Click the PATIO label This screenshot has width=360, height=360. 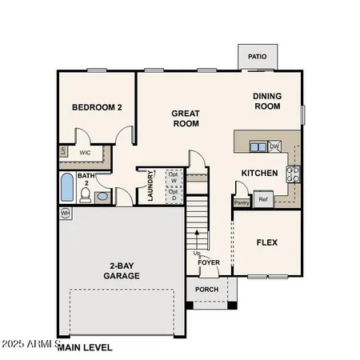tap(257, 57)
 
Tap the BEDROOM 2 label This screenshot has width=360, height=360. tap(96, 107)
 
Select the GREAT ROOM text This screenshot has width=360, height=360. tap(185, 118)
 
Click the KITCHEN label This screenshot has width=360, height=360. tap(260, 173)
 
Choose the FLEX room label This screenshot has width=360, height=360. tap(267, 242)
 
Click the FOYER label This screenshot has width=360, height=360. tap(209, 261)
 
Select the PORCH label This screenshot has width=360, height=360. tap(207, 290)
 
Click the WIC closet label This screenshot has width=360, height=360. tap(85, 152)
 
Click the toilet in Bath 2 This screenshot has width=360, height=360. tap(102, 197)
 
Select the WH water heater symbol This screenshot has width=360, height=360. tap(65, 213)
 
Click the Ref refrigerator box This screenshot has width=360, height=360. tap(263, 199)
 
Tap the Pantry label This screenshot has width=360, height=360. tap(242, 202)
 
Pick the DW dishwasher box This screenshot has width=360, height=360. tap(274, 146)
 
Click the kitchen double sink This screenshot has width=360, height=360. tap(258, 146)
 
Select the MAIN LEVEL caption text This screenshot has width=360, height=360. tap(84, 347)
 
